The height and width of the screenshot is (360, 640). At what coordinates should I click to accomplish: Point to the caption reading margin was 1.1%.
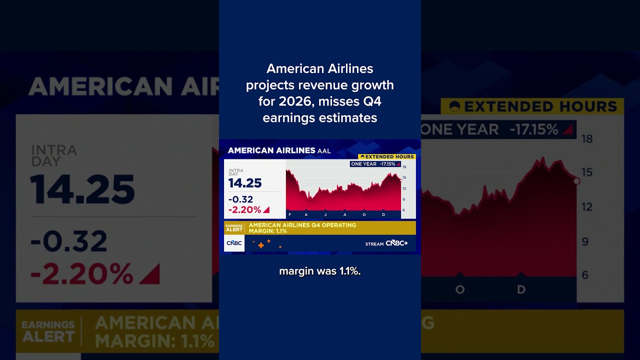(x=320, y=271)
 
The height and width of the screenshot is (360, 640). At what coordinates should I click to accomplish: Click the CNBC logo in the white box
(x=234, y=243)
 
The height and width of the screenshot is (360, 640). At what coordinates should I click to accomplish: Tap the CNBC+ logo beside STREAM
(x=396, y=243)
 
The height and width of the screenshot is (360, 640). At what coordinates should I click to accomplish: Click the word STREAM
(x=374, y=244)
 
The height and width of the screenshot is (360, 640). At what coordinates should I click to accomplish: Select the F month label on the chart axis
(x=289, y=214)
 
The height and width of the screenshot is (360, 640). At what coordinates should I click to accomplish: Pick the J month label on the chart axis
(x=325, y=214)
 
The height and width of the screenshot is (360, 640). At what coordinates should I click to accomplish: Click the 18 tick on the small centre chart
(x=404, y=167)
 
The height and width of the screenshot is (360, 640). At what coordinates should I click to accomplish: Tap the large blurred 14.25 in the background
(x=82, y=189)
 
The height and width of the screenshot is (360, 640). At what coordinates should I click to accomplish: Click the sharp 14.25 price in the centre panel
(x=245, y=183)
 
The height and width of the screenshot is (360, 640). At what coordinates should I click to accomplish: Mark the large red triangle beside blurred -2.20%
(x=149, y=274)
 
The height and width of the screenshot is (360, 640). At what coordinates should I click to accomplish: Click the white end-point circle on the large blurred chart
(x=576, y=181)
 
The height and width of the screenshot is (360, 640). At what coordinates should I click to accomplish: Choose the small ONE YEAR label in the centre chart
(x=363, y=164)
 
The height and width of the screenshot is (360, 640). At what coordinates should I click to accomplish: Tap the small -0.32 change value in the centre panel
(x=241, y=199)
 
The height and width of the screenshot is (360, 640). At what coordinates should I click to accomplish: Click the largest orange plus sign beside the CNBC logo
(x=260, y=245)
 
